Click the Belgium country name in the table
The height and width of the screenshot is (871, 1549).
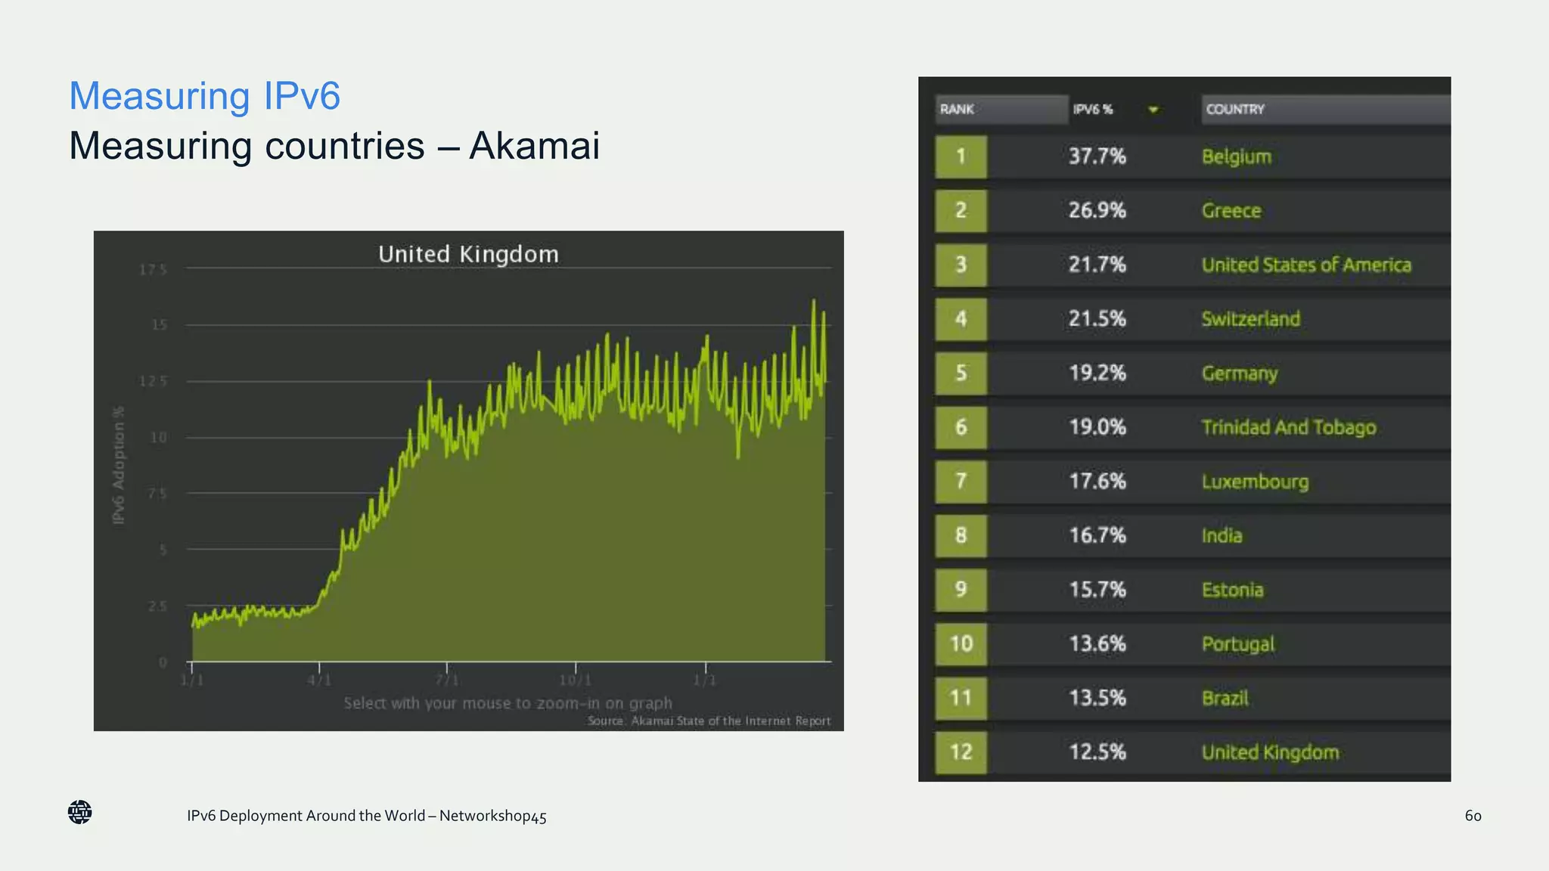(1236, 157)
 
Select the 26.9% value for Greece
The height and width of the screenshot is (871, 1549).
(1097, 210)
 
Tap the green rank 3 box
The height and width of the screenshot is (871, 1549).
(961, 265)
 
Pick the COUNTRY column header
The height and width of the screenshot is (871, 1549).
(1234, 109)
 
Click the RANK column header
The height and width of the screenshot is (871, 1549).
(957, 109)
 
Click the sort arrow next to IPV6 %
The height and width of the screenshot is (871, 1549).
(1153, 110)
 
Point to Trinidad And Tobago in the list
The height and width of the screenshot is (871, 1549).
(1288, 427)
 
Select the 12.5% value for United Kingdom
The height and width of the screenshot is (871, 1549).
(1097, 752)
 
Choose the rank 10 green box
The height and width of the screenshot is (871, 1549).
(961, 643)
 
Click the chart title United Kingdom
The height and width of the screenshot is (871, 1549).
(468, 254)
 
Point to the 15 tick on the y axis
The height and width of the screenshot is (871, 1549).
(159, 325)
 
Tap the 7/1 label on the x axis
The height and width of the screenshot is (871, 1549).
(447, 680)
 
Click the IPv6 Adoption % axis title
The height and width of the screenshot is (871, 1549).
(119, 465)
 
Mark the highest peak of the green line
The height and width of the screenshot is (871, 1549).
(814, 301)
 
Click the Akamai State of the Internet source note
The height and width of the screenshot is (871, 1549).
(709, 721)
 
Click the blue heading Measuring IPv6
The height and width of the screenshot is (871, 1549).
(204, 96)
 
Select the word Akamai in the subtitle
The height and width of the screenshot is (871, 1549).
(534, 145)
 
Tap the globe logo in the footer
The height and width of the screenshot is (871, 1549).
(79, 812)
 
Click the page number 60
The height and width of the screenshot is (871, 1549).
(1473, 815)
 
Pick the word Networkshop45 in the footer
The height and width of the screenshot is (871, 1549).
(492, 816)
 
